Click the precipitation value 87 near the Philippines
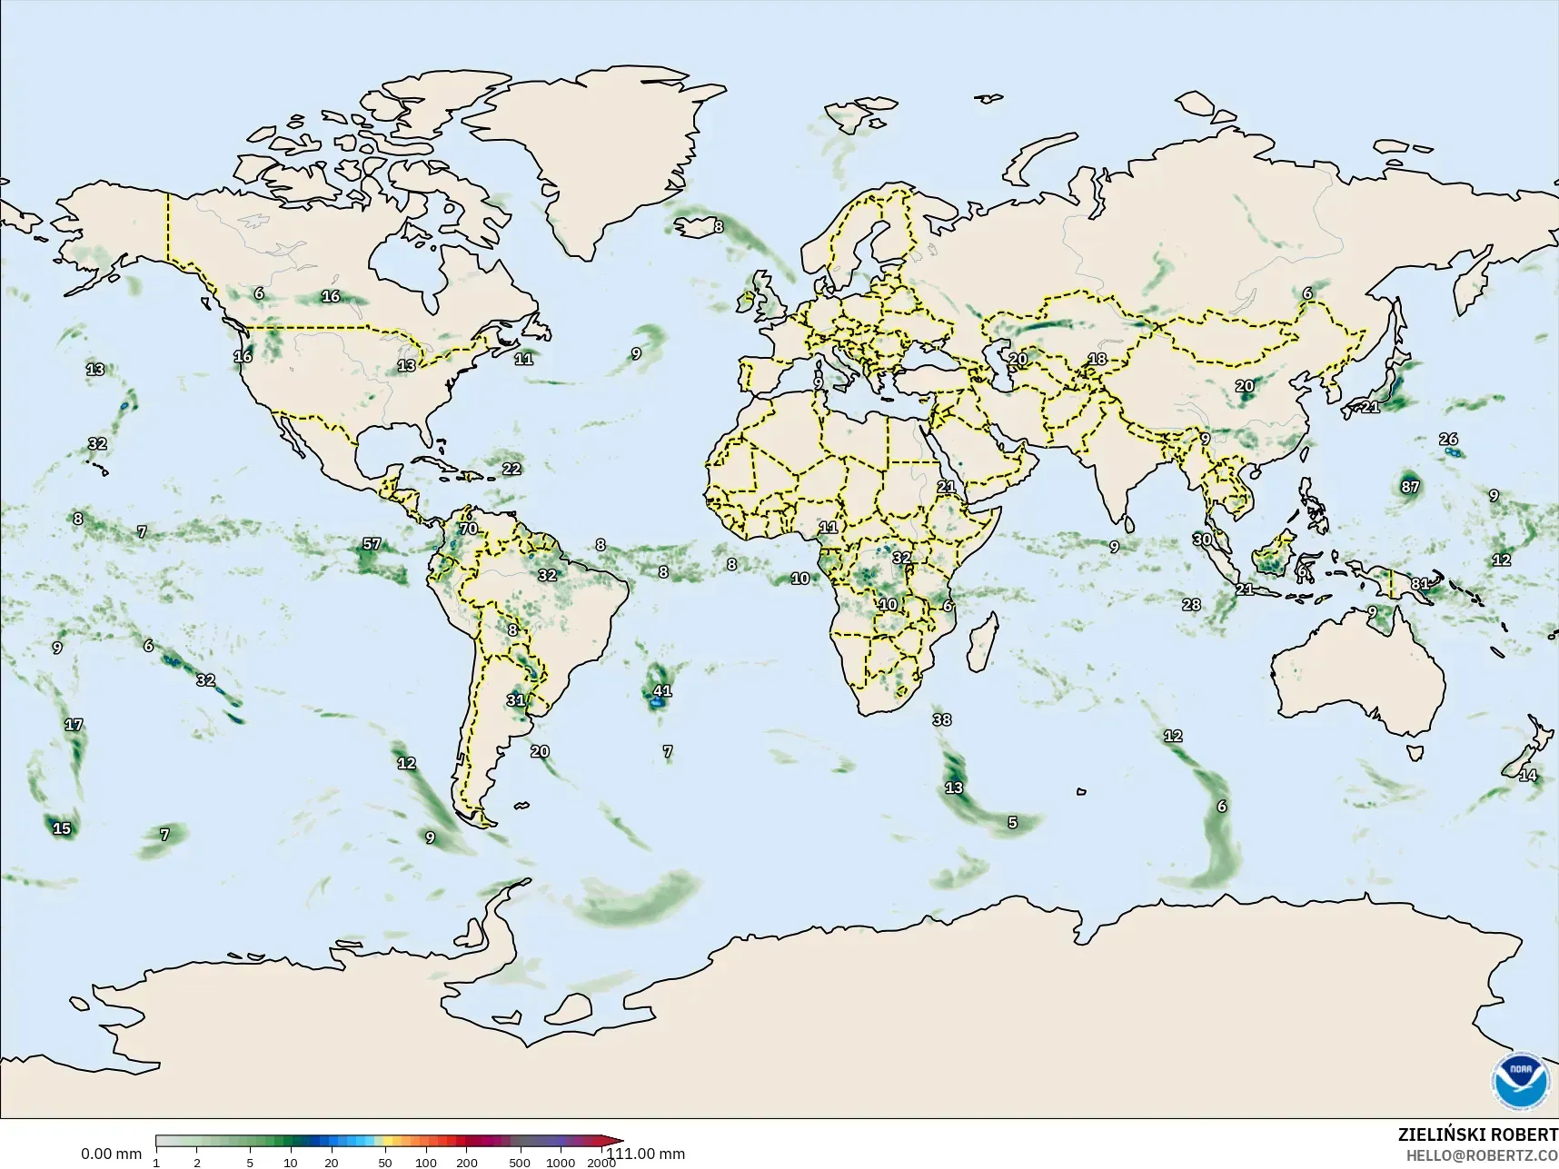click(x=1409, y=487)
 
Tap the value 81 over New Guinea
click(x=1420, y=584)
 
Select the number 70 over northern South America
click(x=468, y=529)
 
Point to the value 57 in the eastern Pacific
click(x=372, y=544)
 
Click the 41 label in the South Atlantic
click(x=662, y=691)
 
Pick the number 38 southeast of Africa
click(x=942, y=720)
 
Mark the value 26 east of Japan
click(x=1448, y=440)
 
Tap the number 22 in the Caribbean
click(x=511, y=469)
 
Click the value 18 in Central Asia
click(x=1097, y=359)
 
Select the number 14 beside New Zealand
click(x=1528, y=776)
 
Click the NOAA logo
click(x=1521, y=1081)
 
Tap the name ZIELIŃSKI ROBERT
click(x=1477, y=1134)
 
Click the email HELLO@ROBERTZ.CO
click(x=1482, y=1155)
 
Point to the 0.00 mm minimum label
click(x=111, y=1154)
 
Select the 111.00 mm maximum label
click(x=646, y=1154)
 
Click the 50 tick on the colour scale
click(x=385, y=1163)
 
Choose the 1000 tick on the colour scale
click(x=561, y=1163)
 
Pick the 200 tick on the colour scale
click(x=467, y=1163)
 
